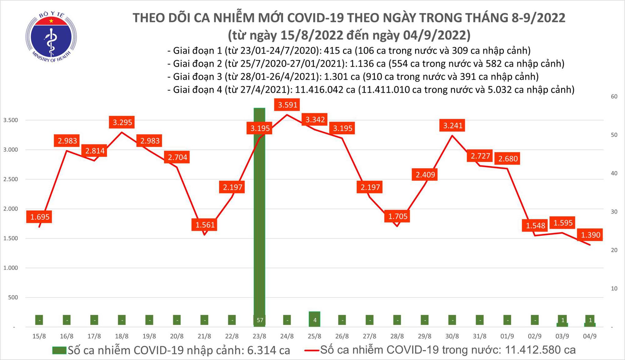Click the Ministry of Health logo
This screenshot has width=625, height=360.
[x=51, y=37]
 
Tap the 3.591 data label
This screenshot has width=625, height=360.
[x=287, y=105]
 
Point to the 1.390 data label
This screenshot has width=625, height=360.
[x=591, y=235]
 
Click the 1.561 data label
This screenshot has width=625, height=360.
[x=205, y=225]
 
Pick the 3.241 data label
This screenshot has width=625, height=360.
[x=453, y=125]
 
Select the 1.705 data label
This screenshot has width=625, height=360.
[x=398, y=216]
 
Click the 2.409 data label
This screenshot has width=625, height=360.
[x=425, y=174]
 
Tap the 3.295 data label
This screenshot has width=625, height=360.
[x=122, y=122]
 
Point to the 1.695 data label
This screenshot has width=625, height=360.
[x=40, y=217]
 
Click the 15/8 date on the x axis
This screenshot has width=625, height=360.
[x=39, y=336]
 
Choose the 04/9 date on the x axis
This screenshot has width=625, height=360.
[x=590, y=336]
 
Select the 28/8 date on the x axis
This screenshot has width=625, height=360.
[x=397, y=336]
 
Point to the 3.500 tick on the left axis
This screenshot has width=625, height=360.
[x=11, y=120]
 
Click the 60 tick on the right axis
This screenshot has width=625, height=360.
[x=614, y=97]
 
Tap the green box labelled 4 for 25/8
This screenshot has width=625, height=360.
[x=315, y=320]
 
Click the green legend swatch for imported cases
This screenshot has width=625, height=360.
[x=59, y=350]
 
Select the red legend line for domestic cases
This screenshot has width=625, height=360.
[x=312, y=350]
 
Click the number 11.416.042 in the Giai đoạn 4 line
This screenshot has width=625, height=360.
[x=325, y=90]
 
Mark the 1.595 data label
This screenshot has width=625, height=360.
[x=563, y=223]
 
